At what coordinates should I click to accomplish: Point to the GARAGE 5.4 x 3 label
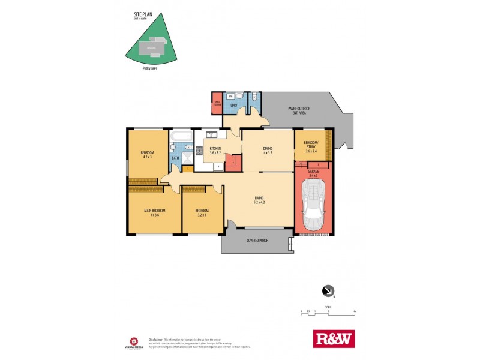click(313, 173)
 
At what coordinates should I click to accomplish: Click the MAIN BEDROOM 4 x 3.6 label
click(154, 212)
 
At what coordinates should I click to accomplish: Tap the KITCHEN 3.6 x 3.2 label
click(215, 151)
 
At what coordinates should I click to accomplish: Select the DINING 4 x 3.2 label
click(268, 151)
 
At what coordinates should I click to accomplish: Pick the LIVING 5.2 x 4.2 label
click(259, 200)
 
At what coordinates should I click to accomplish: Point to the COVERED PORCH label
click(257, 241)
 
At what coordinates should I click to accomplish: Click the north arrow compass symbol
click(328, 291)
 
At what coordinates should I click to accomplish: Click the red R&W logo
click(334, 338)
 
